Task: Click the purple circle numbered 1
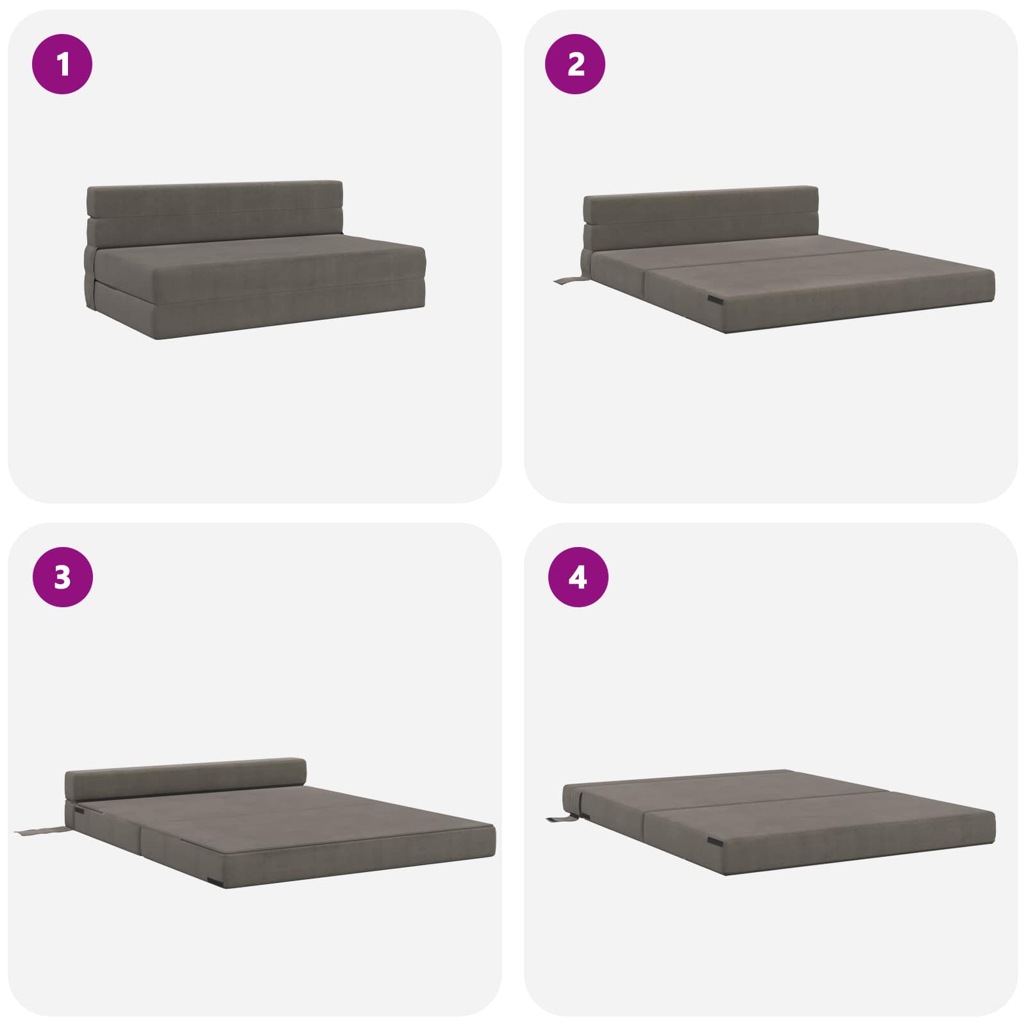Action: [x=62, y=64]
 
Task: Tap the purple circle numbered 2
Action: [x=575, y=64]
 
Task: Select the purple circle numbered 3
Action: [x=62, y=577]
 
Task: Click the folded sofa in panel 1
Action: [x=255, y=260]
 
